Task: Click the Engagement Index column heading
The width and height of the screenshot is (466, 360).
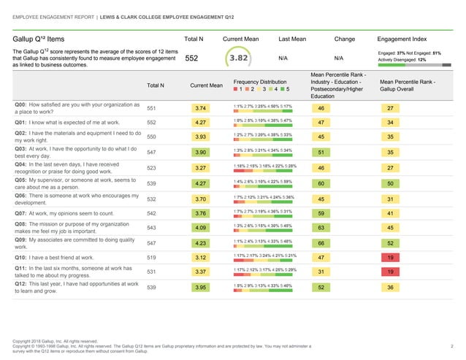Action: [x=401, y=37]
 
